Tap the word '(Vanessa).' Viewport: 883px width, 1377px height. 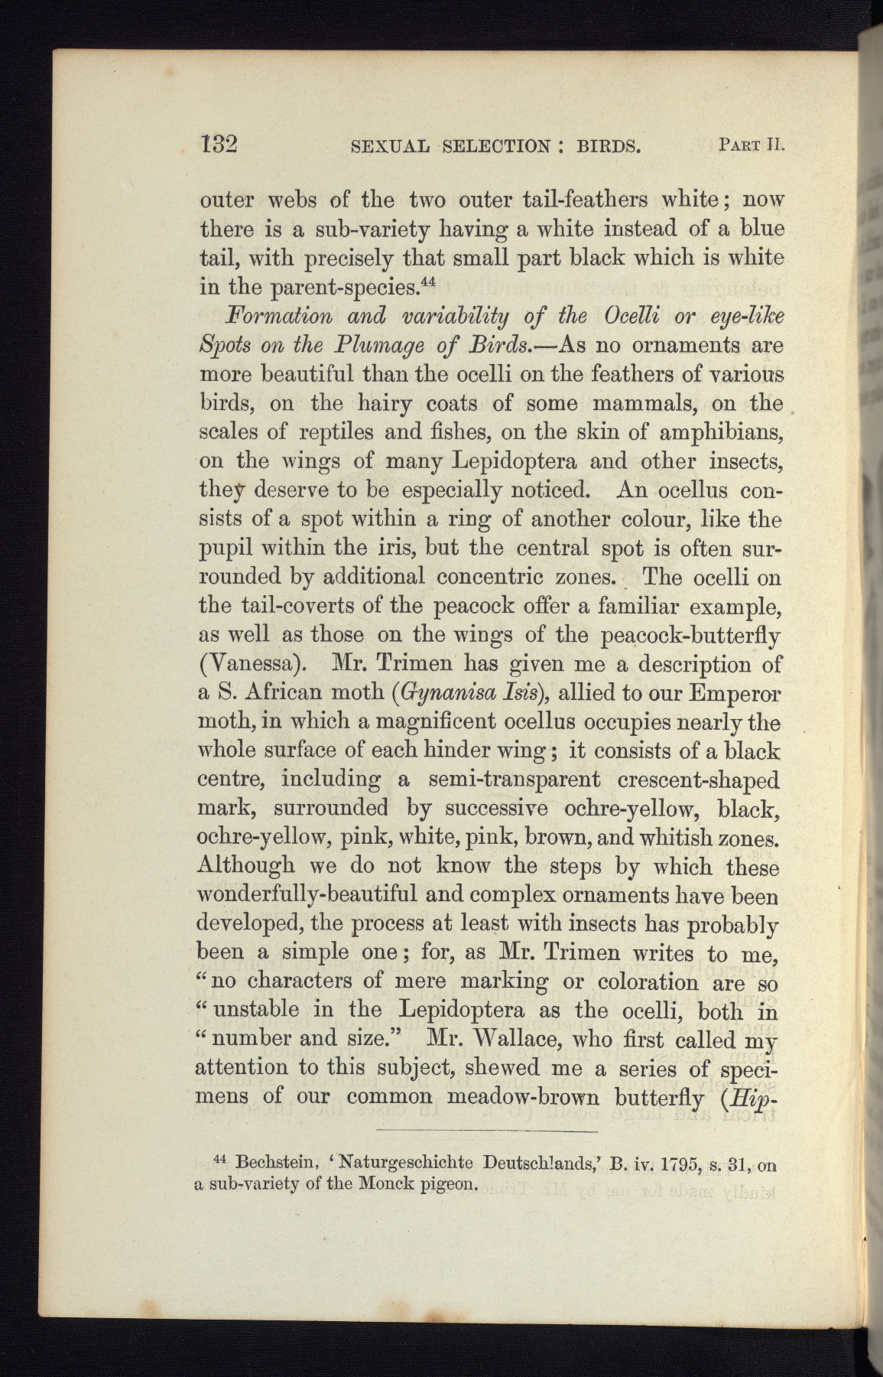245,663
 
